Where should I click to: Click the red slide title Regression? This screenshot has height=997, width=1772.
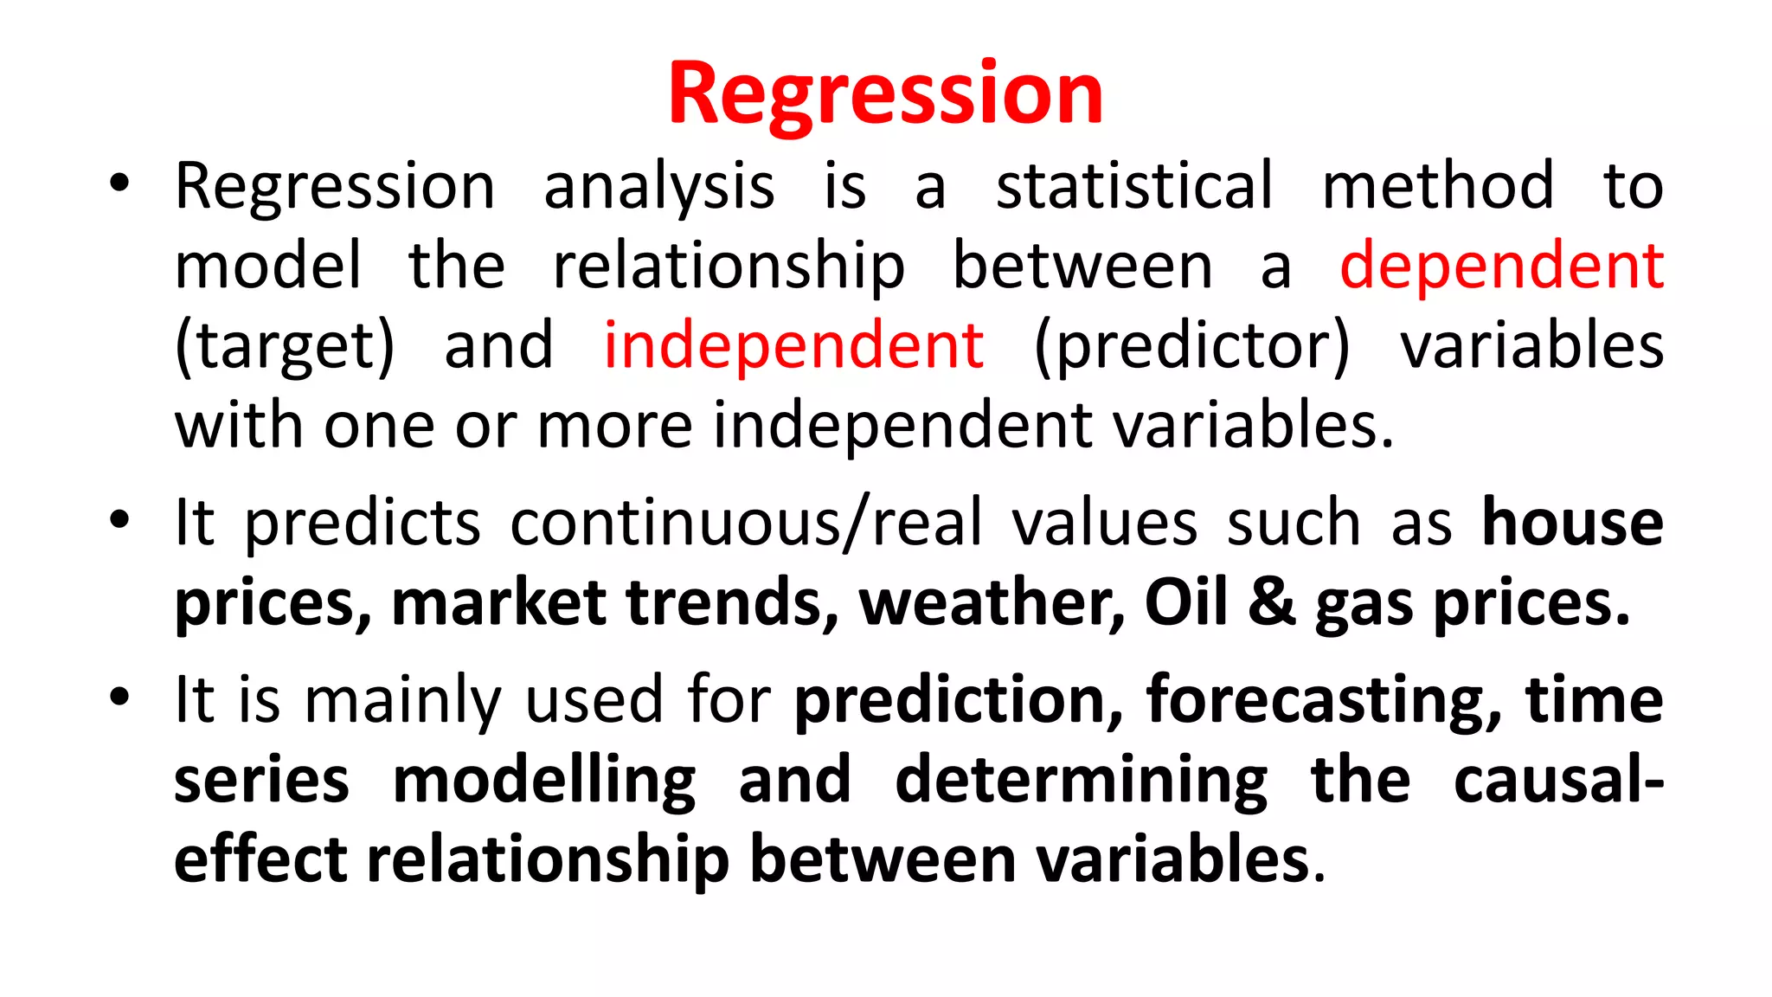[x=885, y=93]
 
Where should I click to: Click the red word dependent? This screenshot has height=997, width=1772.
[x=1501, y=266]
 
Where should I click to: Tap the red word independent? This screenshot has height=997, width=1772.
[x=793, y=345]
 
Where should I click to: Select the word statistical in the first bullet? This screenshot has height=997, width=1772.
[x=1134, y=186]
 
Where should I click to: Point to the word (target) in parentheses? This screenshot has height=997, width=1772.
[x=285, y=345]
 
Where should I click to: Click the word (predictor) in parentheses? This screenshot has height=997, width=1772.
[x=1191, y=345]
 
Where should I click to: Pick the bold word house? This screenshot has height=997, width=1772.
[x=1572, y=523]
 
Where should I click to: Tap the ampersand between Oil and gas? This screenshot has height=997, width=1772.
[x=1271, y=602]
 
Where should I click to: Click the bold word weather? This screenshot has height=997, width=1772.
[x=992, y=602]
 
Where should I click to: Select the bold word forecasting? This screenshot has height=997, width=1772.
[x=1324, y=699]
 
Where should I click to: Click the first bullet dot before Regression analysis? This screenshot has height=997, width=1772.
[x=119, y=183]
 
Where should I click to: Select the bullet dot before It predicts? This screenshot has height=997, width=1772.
[x=119, y=521]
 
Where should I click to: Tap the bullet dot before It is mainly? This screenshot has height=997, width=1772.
[x=119, y=697]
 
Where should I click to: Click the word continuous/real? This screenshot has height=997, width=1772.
[x=746, y=523]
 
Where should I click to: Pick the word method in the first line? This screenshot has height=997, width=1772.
[x=1437, y=186]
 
